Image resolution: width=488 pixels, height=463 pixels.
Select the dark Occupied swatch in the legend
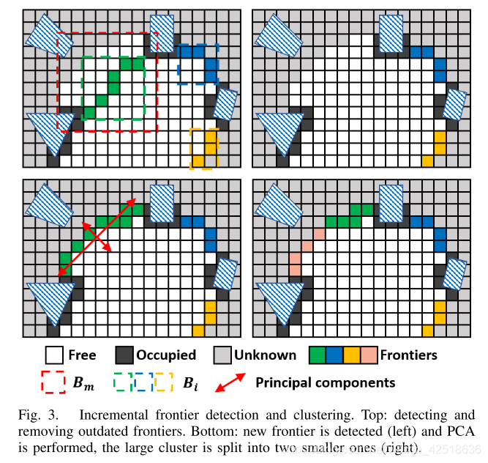pos(124,355)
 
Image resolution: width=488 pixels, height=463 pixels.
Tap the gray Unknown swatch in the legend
pos(222,355)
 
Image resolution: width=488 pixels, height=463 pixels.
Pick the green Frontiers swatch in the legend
pos(317,355)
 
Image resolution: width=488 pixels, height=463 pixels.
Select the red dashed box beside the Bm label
pos(53,382)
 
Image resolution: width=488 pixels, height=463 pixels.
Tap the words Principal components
pos(325,382)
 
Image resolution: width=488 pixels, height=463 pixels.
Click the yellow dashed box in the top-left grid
pos(204,149)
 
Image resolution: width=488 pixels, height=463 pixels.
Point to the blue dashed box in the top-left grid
pos(198,62)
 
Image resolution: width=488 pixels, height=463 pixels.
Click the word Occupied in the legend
pos(166,355)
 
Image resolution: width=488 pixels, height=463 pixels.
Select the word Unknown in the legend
pos(265,355)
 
